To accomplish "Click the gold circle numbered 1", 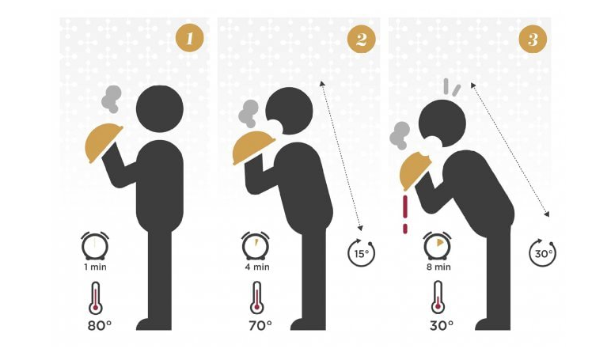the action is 189,38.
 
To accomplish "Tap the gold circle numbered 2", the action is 361,39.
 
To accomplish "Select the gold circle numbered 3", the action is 533,39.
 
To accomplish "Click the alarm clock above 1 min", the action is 95,245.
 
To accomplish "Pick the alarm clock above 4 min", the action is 256,245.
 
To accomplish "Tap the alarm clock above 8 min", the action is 437,245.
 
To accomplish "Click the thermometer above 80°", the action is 96,298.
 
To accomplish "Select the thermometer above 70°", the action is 256,298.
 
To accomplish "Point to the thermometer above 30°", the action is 438,297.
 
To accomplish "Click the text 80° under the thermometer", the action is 100,325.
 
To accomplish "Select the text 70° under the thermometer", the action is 260,325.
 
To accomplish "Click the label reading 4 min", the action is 256,267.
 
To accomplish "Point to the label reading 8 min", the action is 438,267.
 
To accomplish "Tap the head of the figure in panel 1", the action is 160,108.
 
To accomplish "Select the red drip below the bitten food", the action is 406,214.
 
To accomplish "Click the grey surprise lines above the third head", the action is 451,87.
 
